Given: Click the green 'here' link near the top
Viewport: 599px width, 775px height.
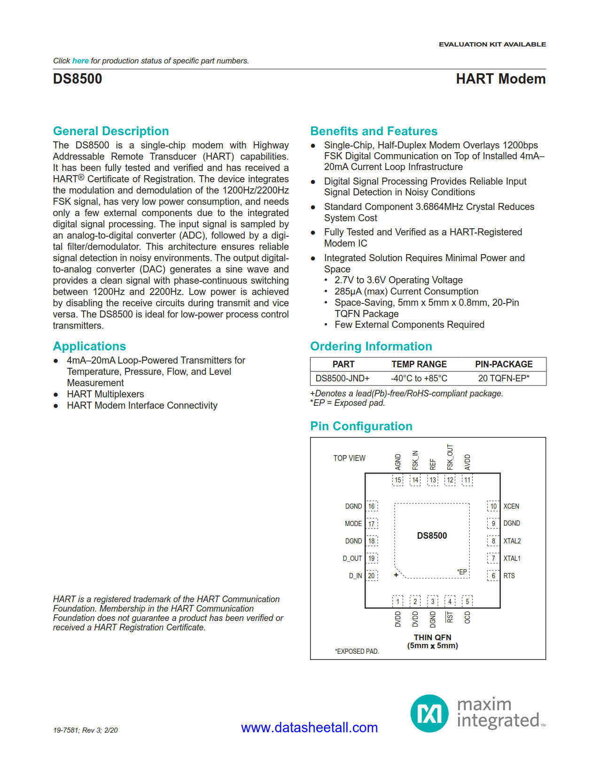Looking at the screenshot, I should [x=80, y=61].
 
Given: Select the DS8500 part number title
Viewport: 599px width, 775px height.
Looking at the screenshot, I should [x=78, y=79].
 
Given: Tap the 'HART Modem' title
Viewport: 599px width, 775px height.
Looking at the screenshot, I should [x=500, y=79].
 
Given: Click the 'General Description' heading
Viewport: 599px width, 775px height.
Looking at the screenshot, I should [x=111, y=131].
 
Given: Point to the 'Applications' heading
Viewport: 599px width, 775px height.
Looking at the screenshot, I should [x=89, y=346].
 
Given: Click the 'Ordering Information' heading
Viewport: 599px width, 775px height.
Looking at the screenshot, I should [x=371, y=346].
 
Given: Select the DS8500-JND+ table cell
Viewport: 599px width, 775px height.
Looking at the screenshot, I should [x=342, y=378].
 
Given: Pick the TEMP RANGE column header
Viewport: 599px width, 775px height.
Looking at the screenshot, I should [x=419, y=364].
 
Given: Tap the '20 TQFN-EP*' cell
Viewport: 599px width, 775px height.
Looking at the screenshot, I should [x=504, y=378].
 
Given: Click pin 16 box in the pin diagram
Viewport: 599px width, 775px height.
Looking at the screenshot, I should [x=372, y=506].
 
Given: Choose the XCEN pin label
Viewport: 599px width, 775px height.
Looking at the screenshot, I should [x=511, y=506].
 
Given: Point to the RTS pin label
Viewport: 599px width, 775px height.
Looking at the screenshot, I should [x=509, y=576].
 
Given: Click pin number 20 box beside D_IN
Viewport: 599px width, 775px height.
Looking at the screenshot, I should [x=372, y=576].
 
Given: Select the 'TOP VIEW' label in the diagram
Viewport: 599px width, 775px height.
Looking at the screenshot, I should [x=349, y=458].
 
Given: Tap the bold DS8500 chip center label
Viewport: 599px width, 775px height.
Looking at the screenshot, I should [x=432, y=536].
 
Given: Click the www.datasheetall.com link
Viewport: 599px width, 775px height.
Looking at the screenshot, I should [x=309, y=728].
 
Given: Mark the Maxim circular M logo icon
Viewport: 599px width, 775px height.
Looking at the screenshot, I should [x=429, y=713].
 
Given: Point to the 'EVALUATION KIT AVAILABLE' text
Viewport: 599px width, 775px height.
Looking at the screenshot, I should [x=492, y=44].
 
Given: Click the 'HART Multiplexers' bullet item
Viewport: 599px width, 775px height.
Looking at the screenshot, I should [x=105, y=394].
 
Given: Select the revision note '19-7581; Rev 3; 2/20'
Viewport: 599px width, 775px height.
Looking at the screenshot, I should [x=86, y=730].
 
